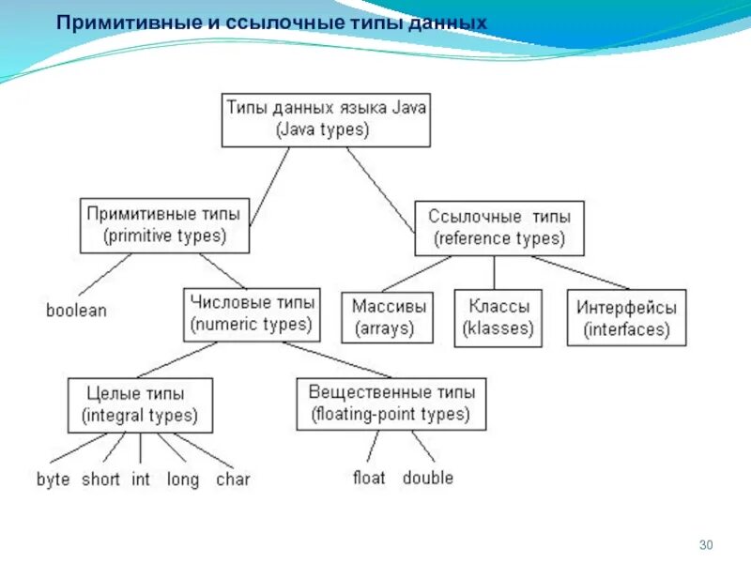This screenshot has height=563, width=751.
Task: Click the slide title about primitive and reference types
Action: pyautogui.click(x=272, y=21)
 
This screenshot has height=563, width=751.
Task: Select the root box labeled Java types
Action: pyautogui.click(x=326, y=118)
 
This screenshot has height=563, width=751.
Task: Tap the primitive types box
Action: pyautogui.click(x=164, y=225)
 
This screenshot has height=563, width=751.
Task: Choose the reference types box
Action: pyautogui.click(x=499, y=228)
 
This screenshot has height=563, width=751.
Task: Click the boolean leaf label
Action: pyautogui.click(x=76, y=311)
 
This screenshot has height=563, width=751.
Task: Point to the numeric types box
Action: pyautogui.click(x=252, y=314)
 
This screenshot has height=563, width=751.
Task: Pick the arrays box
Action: pyautogui.click(x=390, y=318)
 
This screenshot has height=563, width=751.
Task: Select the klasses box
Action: pyautogui.click(x=498, y=318)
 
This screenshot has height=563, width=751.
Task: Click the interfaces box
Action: pyautogui.click(x=626, y=318)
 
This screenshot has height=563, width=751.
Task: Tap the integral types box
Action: pyautogui.click(x=140, y=404)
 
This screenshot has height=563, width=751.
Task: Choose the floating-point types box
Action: pyautogui.click(x=391, y=403)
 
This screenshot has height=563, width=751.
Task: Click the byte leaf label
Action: pyautogui.click(x=54, y=479)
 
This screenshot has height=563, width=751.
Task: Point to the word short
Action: pyautogui.click(x=100, y=479)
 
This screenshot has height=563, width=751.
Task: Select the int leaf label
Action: pyautogui.click(x=141, y=479)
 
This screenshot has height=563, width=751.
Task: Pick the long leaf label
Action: pyautogui.click(x=183, y=479)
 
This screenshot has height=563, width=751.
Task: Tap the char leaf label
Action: pyautogui.click(x=233, y=479)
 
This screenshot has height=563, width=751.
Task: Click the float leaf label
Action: pyautogui.click(x=369, y=478)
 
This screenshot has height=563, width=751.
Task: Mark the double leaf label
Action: pyautogui.click(x=428, y=478)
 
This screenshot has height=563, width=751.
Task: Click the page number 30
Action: pyautogui.click(x=708, y=546)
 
